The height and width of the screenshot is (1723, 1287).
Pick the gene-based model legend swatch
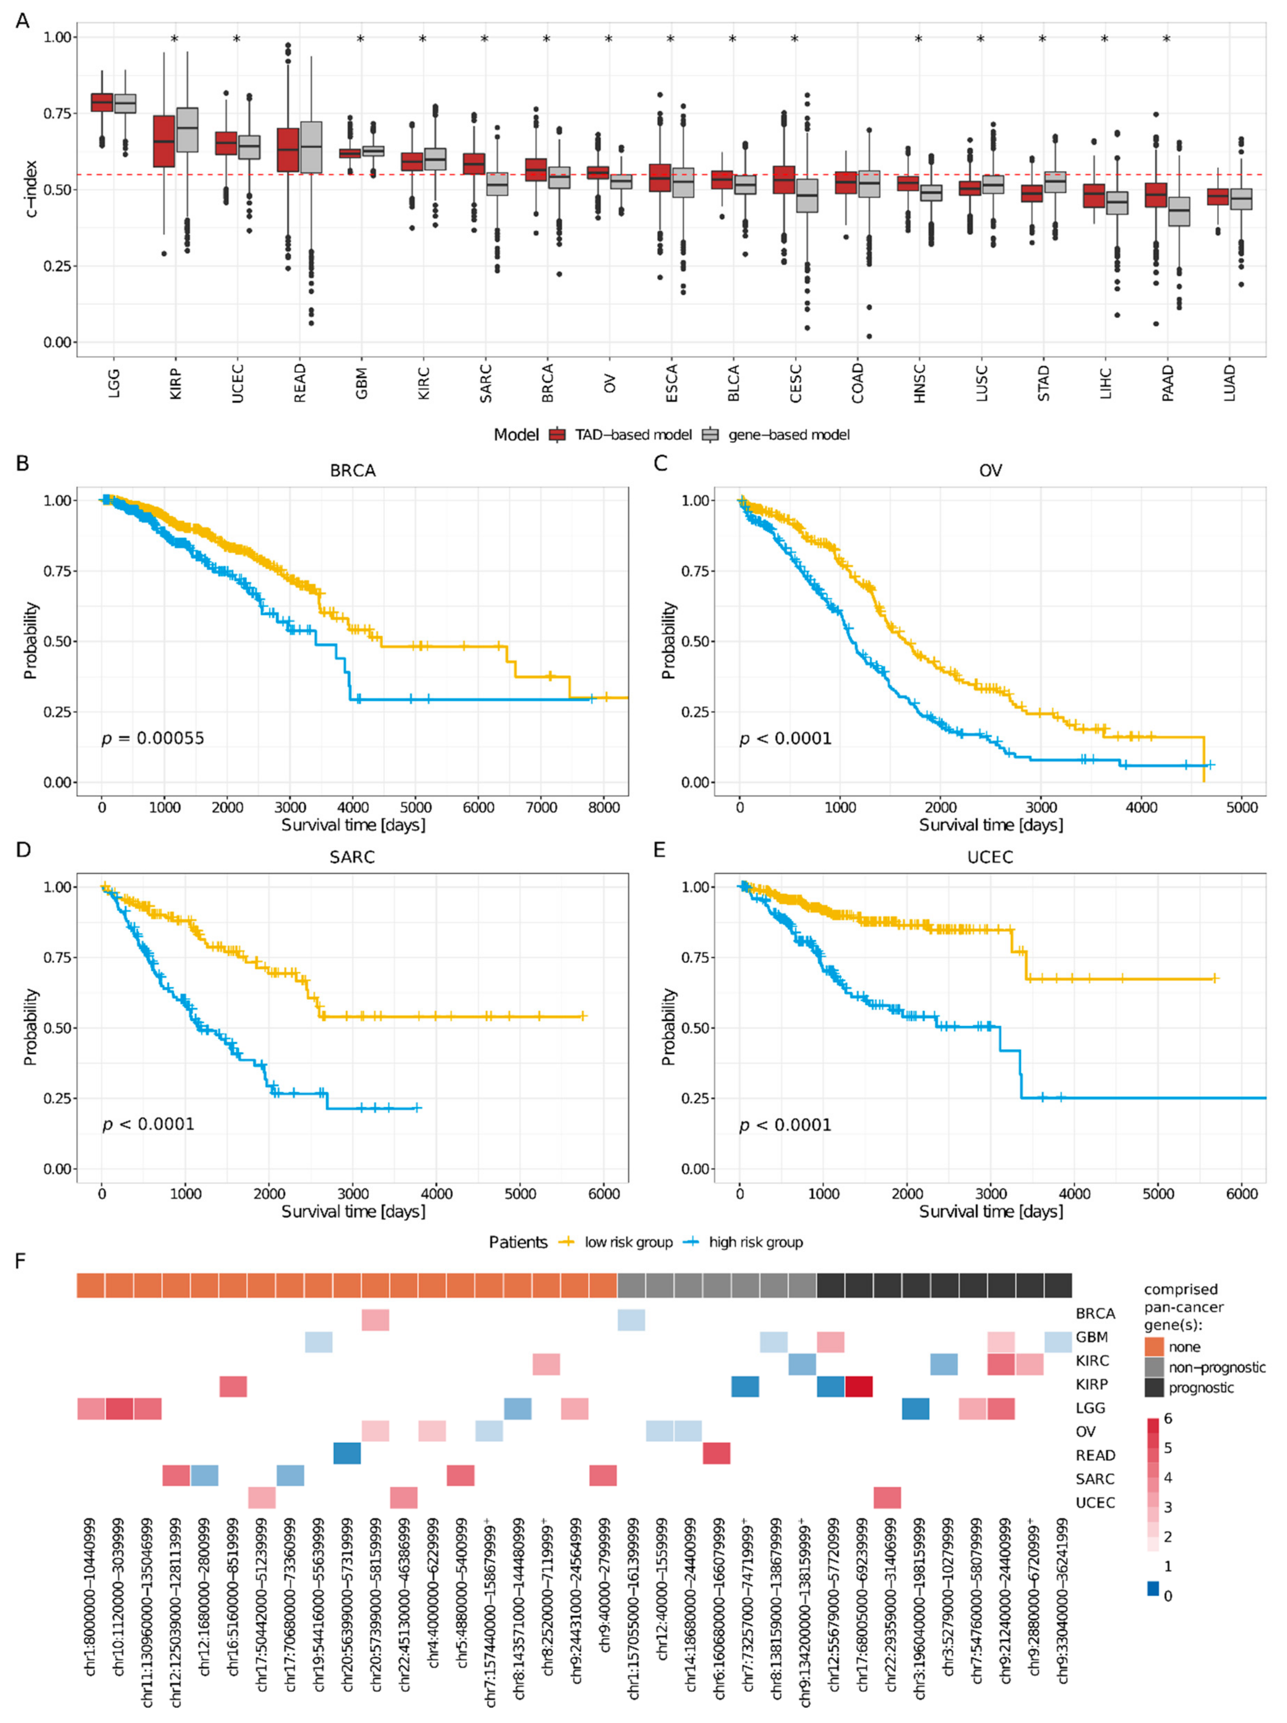click(x=711, y=435)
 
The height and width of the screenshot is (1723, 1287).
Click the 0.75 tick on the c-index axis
click(x=56, y=114)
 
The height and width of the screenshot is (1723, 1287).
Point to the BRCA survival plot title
click(x=352, y=471)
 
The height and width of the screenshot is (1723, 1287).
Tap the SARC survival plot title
click(x=352, y=857)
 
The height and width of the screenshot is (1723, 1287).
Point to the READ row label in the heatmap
click(x=1095, y=1455)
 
